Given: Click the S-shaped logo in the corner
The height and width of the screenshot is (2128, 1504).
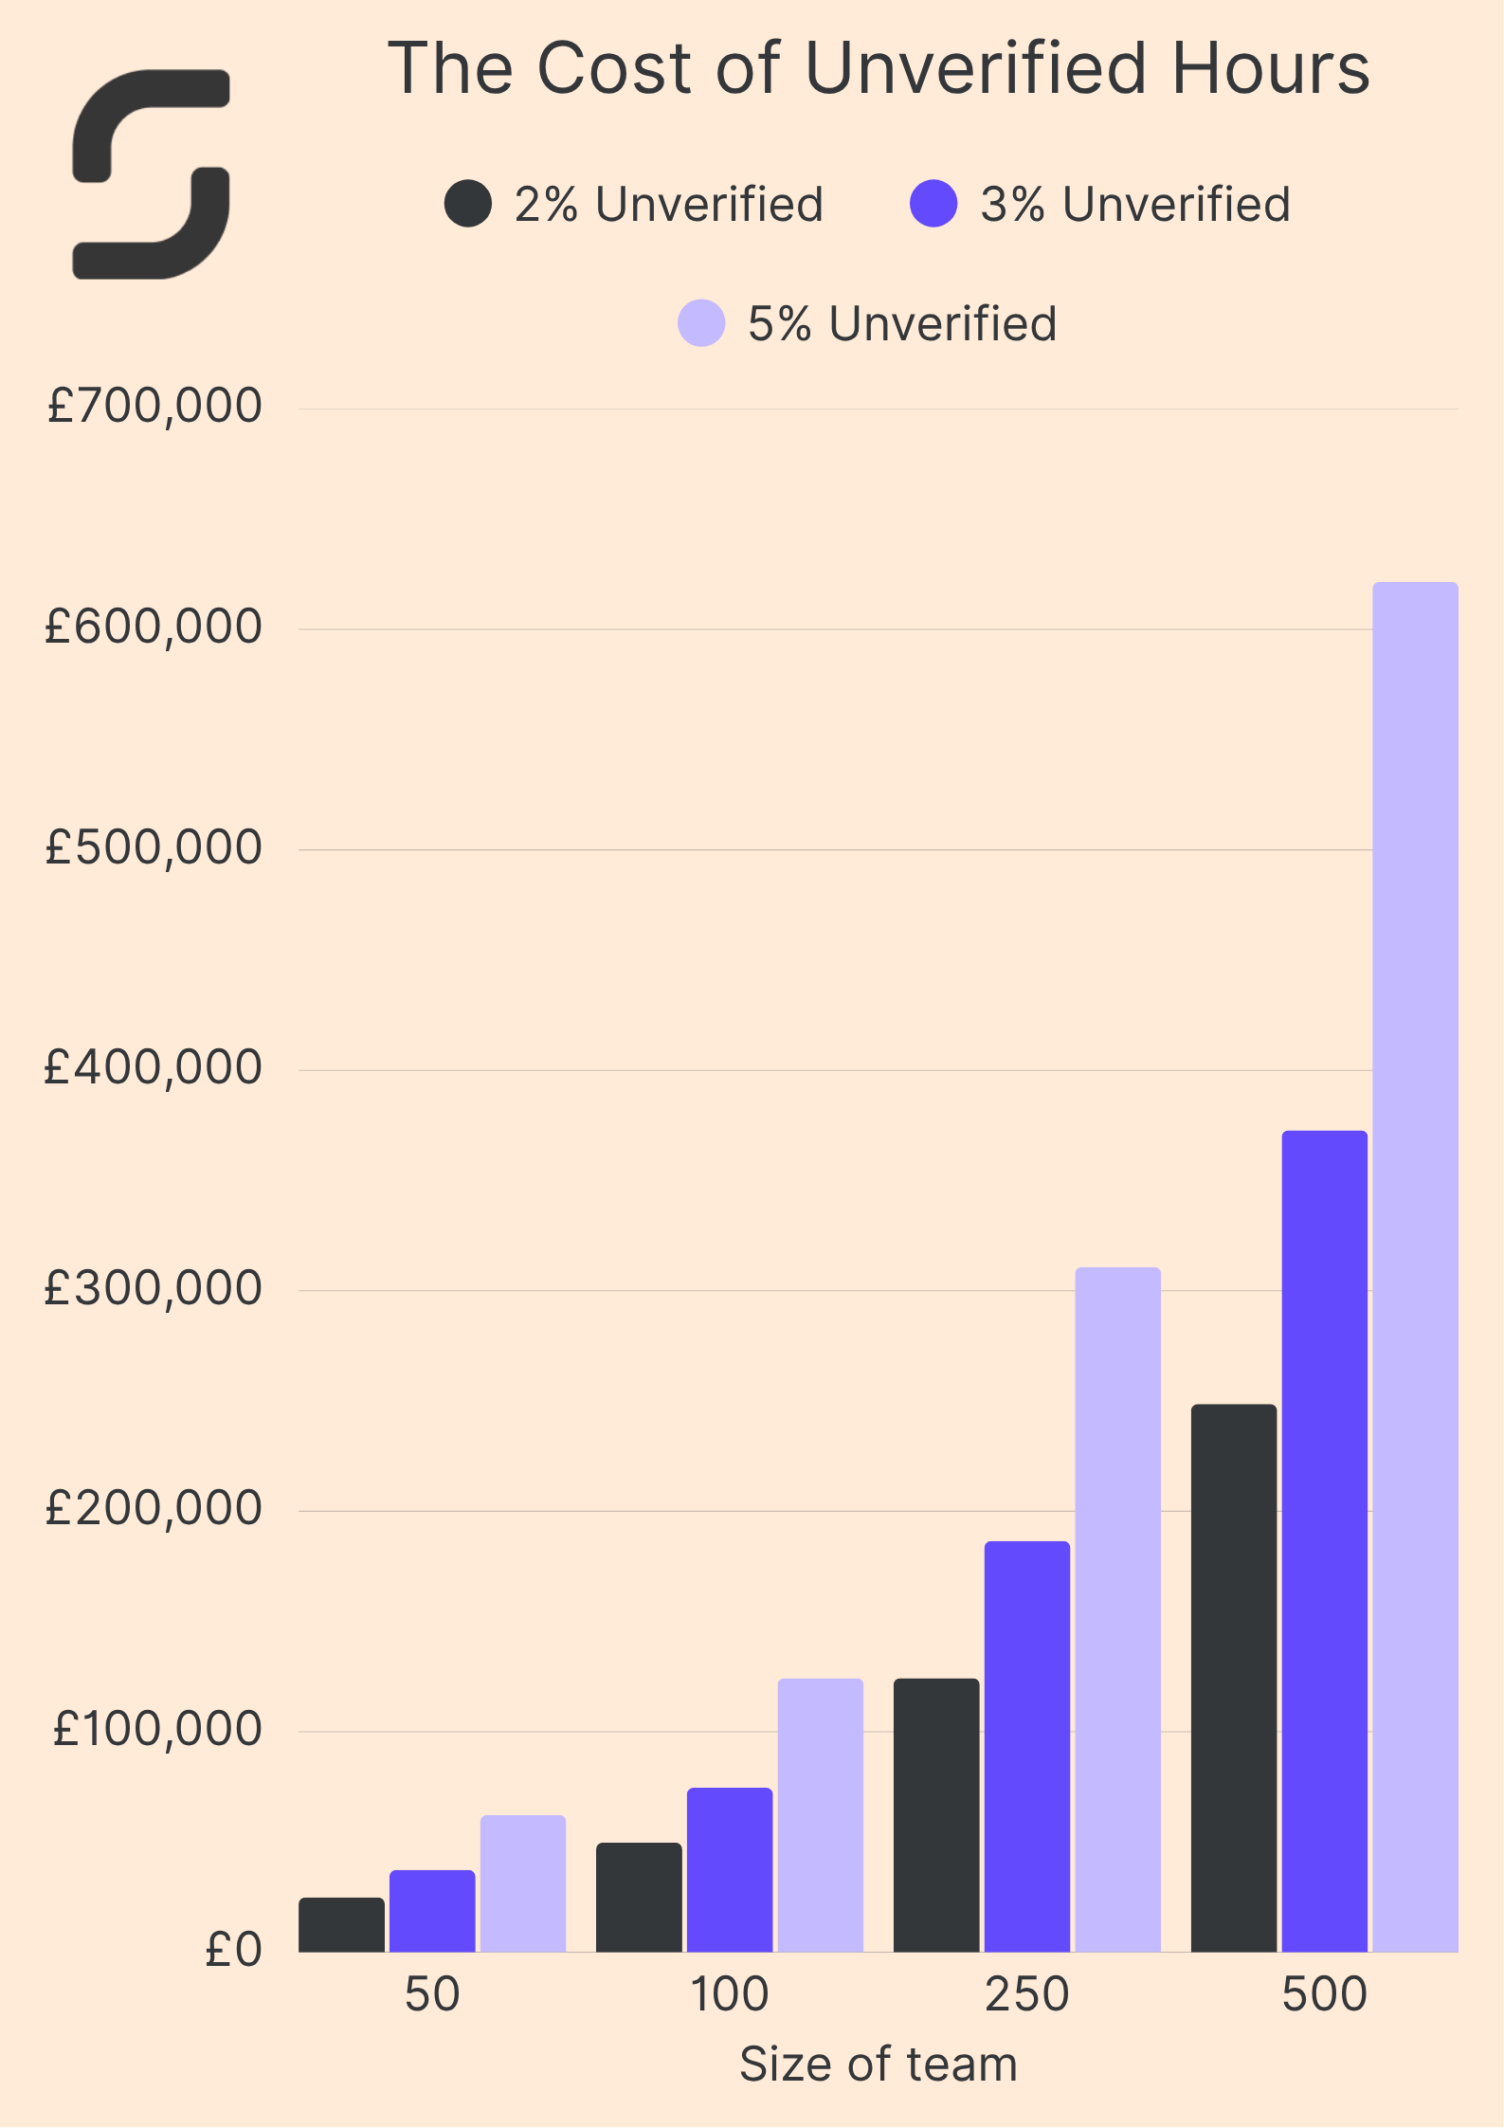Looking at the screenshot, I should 152,174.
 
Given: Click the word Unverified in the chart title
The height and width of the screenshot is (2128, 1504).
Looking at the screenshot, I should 976,69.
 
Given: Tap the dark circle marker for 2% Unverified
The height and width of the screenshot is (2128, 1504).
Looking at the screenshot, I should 468,204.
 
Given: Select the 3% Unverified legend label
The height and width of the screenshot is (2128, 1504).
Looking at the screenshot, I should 1134,205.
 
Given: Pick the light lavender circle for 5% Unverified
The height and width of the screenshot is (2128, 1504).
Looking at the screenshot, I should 701,323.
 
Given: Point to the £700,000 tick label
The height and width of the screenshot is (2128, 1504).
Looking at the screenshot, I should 154,407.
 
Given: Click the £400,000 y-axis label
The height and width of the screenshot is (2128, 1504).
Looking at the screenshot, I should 154,1068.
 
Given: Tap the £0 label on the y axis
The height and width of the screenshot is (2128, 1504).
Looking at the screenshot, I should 233,1950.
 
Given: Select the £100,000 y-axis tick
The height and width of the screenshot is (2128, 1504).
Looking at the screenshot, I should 156,1729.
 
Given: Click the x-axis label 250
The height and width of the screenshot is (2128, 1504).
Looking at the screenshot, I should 1026,1993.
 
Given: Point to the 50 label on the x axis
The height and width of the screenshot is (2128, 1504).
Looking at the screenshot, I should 432,1993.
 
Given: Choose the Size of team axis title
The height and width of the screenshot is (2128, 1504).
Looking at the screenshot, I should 878,2064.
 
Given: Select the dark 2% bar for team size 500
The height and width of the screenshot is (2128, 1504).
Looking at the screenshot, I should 1233,1678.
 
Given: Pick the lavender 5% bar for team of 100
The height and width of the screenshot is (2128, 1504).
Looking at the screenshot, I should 820,1815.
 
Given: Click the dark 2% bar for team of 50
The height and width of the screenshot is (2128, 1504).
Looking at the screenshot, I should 341,1925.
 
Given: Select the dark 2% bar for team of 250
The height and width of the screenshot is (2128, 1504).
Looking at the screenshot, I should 935,1815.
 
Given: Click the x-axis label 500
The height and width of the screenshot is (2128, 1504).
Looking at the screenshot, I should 1324,1993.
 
